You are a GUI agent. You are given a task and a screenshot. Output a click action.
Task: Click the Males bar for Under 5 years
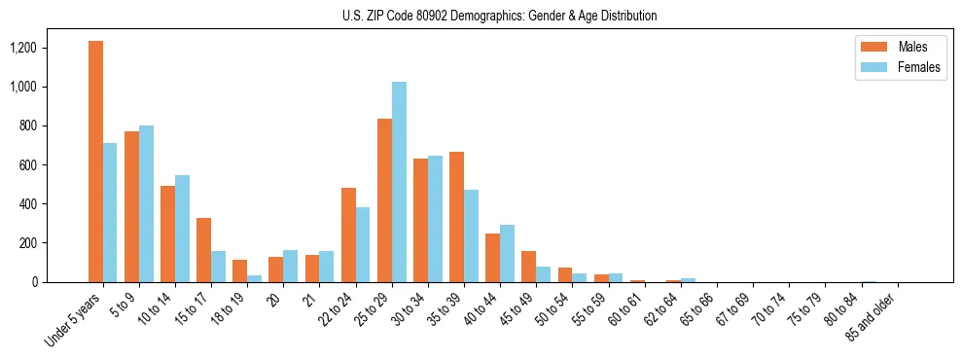[95, 162]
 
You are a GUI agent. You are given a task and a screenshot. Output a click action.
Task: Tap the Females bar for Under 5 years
[110, 212]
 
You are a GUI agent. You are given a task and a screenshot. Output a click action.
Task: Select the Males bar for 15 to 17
[203, 250]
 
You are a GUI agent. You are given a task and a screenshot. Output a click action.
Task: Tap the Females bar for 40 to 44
[507, 253]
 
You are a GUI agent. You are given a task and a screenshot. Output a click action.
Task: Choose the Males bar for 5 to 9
[131, 206]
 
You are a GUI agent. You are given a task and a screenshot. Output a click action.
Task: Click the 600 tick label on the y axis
[53, 164]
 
